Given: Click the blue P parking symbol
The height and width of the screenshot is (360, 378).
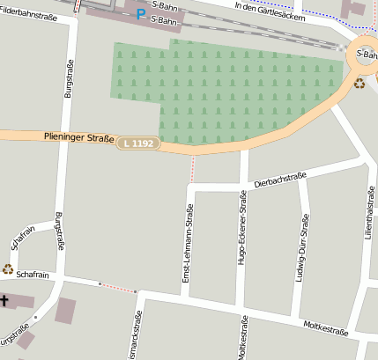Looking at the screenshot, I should tap(141, 14).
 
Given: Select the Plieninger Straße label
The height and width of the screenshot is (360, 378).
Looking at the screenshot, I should tap(79, 137).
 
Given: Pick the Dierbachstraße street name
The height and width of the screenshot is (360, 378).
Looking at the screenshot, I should tap(279, 180).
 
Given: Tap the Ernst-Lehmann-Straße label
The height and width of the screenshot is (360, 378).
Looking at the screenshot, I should tap(188, 243).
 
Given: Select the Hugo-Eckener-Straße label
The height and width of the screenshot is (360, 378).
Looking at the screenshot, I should tap(242, 231).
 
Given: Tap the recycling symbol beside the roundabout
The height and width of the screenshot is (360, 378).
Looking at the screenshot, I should tap(359, 84).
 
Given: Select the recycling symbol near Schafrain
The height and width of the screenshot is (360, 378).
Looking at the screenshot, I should tap(8, 268).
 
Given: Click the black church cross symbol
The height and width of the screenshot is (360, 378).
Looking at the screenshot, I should tap(4, 301).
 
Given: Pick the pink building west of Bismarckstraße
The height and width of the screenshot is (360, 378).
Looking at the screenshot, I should tap(65, 311).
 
